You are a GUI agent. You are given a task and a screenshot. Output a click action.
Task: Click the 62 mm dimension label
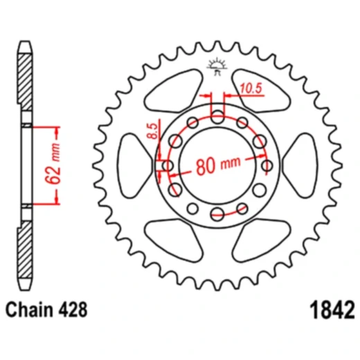[53, 164]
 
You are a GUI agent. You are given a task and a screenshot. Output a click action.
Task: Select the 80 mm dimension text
[218, 164]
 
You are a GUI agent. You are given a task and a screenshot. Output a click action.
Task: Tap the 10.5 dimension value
[251, 89]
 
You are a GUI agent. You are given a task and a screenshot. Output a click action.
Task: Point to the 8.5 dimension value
[153, 131]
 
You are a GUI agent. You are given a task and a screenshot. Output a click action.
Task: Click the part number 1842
[332, 309]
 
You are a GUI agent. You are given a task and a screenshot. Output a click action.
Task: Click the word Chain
[30, 309]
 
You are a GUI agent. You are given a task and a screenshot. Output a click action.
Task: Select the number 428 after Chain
[73, 309]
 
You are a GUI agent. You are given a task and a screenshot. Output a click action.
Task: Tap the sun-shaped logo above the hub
[217, 66]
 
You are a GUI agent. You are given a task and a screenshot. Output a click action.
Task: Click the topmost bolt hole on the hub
[217, 117]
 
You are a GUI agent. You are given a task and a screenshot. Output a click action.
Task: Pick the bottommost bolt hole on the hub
[217, 214]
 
